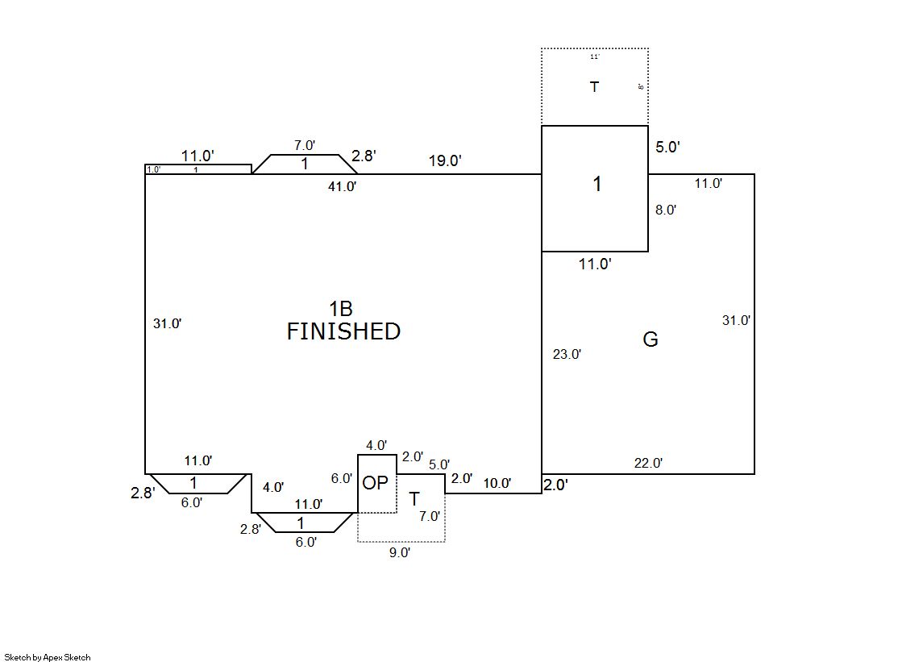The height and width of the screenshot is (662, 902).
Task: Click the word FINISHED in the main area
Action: coord(343,331)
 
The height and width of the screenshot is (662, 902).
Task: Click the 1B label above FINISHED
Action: coord(340,309)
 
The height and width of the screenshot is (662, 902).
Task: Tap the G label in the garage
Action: coord(650,339)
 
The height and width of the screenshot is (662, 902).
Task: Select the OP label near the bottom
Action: coord(375,483)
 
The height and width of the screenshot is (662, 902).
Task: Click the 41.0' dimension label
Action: coord(341,186)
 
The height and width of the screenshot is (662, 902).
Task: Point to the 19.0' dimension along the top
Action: coord(444,160)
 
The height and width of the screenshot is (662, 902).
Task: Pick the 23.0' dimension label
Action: coord(567,353)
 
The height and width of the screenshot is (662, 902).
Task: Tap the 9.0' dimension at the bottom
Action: coord(399,552)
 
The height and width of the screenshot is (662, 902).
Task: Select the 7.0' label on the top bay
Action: coord(304,146)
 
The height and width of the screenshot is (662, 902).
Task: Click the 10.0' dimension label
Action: coord(497,483)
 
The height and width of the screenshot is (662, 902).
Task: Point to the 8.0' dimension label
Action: coord(665,210)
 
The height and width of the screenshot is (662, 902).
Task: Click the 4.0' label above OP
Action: coord(376,445)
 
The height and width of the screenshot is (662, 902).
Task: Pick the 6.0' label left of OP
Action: coord(342,478)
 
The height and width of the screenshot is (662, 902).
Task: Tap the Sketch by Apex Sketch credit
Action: coord(48,657)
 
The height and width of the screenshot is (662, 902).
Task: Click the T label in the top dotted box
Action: coord(594,87)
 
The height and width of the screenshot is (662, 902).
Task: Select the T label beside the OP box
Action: coord(414,498)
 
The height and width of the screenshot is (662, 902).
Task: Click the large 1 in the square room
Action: coord(596,185)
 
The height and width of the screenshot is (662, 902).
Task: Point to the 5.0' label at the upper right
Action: coord(667,147)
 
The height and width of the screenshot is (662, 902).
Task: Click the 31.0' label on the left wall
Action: coord(167,323)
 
